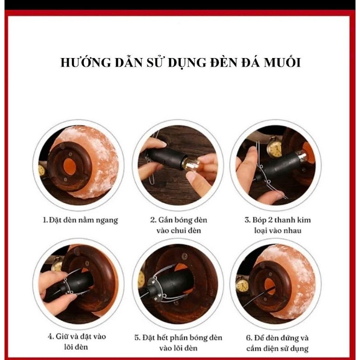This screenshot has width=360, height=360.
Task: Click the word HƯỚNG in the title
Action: [85, 63]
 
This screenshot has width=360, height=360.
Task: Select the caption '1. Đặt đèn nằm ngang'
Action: [81, 220]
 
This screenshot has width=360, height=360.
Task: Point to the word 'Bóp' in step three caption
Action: [260, 220]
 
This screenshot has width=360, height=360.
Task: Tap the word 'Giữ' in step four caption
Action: [63, 336]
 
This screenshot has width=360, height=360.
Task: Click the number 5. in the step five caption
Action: [138, 338]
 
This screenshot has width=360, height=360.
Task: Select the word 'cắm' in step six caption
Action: [253, 348]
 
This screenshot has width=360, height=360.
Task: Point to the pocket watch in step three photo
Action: [274, 147]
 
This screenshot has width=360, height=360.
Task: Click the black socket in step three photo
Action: [279, 166]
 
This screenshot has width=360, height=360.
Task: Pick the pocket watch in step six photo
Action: [243, 285]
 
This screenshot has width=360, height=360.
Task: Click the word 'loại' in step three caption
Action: [261, 230]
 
